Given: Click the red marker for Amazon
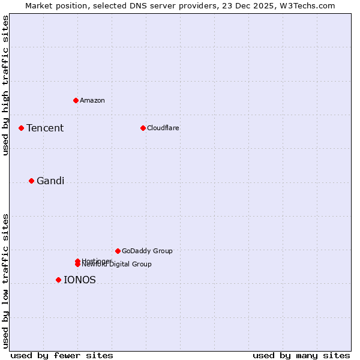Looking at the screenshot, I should (76, 100).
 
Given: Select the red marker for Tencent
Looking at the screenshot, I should (21, 128).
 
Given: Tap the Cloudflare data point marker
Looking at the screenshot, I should (143, 128).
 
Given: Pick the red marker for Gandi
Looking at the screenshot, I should (31, 181).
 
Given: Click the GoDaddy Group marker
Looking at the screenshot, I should (118, 251).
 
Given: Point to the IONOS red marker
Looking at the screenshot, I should (58, 280).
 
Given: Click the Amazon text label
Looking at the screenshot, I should (92, 100).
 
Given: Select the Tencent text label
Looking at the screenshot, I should (45, 128).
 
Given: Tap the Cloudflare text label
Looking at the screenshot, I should (163, 128).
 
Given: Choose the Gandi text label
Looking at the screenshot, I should (50, 181).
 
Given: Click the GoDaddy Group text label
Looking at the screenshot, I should (147, 251).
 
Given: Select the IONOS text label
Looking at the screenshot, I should (80, 280).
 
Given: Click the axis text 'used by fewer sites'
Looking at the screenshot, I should (62, 355).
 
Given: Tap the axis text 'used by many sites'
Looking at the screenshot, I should (301, 355).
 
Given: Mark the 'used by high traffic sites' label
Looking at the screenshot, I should (5, 85).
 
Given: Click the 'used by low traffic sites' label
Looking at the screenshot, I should (5, 281).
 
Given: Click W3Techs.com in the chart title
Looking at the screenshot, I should (310, 5).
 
